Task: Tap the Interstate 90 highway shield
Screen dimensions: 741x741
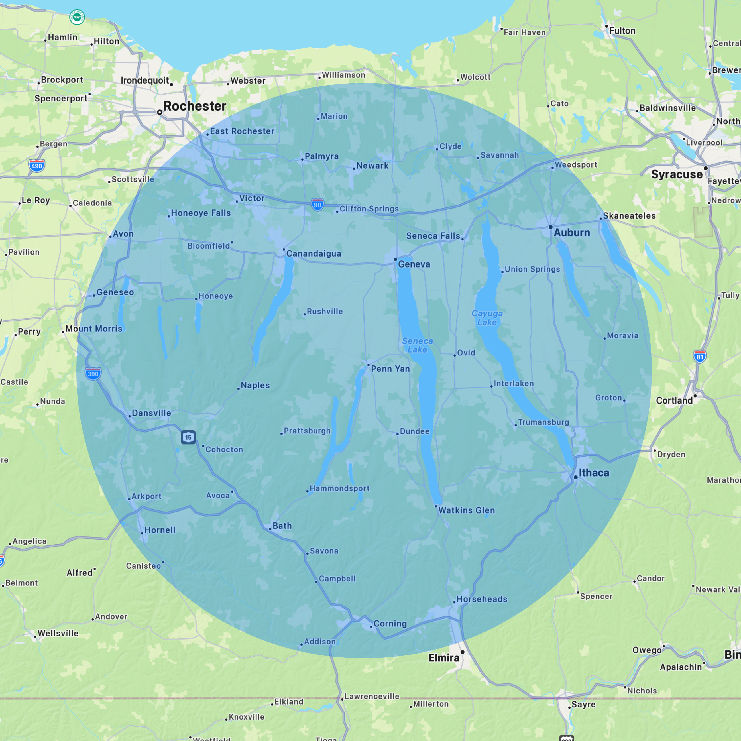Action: click(317, 204)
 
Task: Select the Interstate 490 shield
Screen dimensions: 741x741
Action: click(37, 166)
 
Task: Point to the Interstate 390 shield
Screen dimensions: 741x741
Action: click(93, 374)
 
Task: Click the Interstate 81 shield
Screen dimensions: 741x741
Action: click(700, 356)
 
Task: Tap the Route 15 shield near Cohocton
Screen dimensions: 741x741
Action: click(188, 437)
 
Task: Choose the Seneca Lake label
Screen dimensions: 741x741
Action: click(417, 345)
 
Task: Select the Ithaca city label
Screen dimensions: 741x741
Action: click(593, 473)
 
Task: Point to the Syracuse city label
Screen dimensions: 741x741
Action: click(677, 174)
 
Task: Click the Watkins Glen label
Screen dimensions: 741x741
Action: click(466, 510)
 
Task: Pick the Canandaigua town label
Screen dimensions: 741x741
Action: click(313, 254)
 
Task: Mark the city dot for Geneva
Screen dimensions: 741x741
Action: click(395, 260)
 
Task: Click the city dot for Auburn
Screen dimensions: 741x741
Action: click(550, 227)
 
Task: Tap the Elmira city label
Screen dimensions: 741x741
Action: click(444, 658)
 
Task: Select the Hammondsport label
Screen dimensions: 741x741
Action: click(339, 488)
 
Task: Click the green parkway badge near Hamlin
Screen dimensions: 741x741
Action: click(77, 17)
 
